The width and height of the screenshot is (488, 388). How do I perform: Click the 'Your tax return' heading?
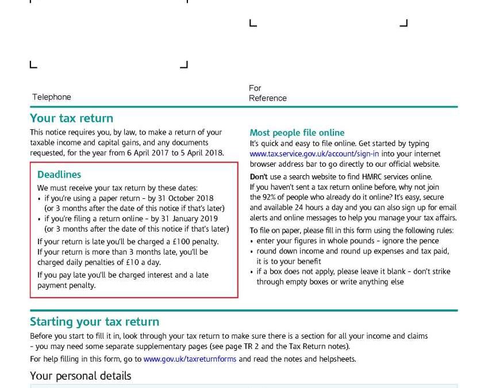pos(71,118)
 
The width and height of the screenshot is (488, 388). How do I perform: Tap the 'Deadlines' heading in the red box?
pos(59,175)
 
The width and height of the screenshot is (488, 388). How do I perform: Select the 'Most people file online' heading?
pos(297,133)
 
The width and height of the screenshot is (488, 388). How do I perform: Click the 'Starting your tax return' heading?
pos(94,322)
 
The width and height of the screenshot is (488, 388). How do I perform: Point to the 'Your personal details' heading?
pos(80,376)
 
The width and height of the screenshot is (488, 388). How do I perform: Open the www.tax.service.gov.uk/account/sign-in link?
pos(314,154)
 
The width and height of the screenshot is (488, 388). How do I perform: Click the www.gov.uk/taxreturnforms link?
pos(190,359)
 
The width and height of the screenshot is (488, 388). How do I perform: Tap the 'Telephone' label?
pos(52,97)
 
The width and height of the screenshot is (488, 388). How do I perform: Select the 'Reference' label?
pos(267,98)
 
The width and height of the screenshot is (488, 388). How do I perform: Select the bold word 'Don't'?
pos(259,177)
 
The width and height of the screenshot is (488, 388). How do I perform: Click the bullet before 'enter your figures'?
pos(252,241)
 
